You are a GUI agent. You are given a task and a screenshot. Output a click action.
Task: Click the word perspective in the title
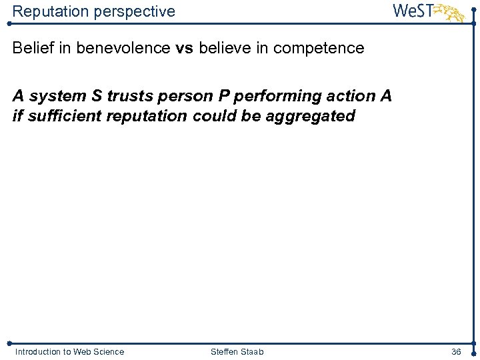click(136, 12)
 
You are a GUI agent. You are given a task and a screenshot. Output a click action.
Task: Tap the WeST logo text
click(413, 11)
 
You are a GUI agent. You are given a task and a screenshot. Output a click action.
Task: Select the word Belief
click(32, 48)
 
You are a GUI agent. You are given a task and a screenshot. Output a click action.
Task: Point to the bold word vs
click(183, 48)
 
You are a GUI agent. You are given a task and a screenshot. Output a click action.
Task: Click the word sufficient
click(56, 116)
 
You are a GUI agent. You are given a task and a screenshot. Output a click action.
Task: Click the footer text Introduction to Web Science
click(69, 351)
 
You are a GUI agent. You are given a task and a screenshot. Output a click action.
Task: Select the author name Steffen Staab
click(237, 351)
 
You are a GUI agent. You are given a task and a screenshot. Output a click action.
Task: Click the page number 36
click(456, 351)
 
